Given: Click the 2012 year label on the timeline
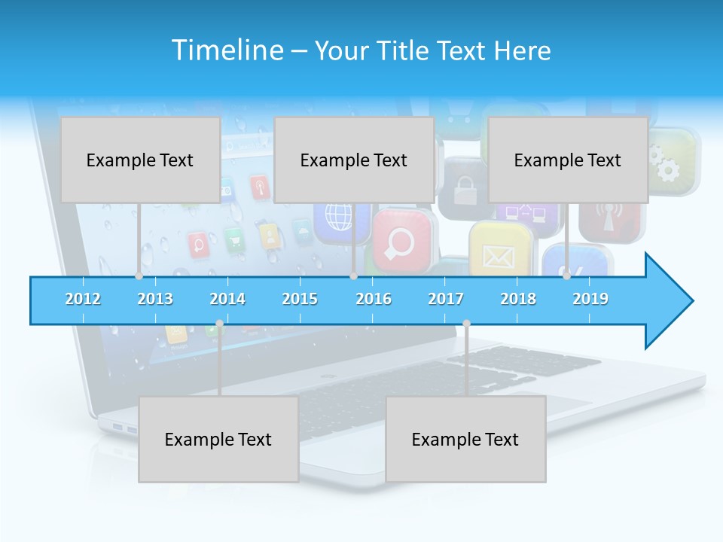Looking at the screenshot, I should click(x=83, y=299).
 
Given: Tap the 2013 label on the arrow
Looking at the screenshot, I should click(x=155, y=299).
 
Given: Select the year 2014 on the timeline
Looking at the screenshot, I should click(x=227, y=299).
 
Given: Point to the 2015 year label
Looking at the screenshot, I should click(x=300, y=299).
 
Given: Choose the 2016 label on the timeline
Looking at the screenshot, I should click(x=374, y=299).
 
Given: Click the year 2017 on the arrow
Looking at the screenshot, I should click(x=446, y=299).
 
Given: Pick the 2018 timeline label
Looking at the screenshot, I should click(x=518, y=299).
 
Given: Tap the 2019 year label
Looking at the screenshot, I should click(x=590, y=299).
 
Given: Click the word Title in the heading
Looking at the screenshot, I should click(x=403, y=51).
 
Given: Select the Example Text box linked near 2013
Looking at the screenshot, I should click(x=140, y=160).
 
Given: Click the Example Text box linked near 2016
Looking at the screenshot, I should click(x=354, y=160).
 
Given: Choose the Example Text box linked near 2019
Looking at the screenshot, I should click(x=568, y=160).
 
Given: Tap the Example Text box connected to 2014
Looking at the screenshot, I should click(x=218, y=439).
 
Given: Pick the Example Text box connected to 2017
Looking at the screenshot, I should click(x=465, y=439).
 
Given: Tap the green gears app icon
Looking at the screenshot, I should click(x=672, y=163).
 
